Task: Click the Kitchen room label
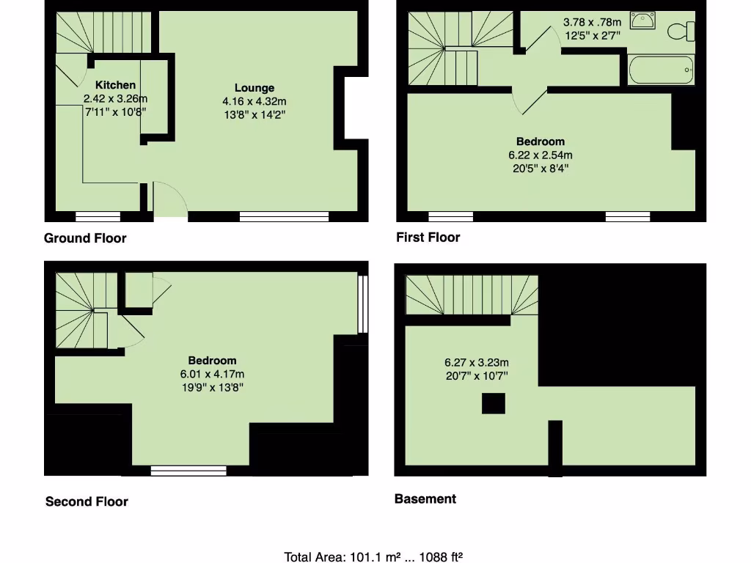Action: pos(115,85)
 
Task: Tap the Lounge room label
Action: pos(254,88)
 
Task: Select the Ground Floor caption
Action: pos(85,238)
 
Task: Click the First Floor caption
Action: pos(428,237)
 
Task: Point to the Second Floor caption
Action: pos(87,501)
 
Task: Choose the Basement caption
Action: pos(425,498)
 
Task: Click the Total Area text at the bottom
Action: pos(374,556)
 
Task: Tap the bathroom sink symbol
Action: pos(643,22)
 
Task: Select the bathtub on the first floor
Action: pos(661,70)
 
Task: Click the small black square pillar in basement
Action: pos(493,403)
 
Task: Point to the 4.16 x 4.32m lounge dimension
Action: pos(254,101)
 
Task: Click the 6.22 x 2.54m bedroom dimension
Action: pos(541,155)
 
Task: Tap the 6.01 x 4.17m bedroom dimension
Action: pos(213,373)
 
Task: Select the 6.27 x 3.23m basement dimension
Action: pos(477,362)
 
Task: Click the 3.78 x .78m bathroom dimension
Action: pos(593,22)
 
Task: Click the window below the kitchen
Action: pos(98,216)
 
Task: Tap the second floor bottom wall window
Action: pos(188,471)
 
